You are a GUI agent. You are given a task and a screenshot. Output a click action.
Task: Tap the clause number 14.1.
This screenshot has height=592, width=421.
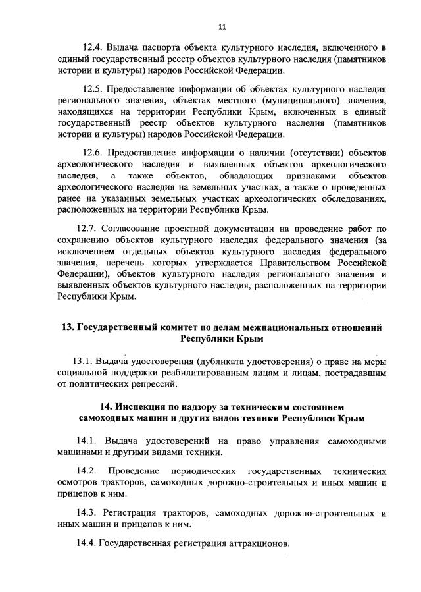[x=87, y=441]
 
